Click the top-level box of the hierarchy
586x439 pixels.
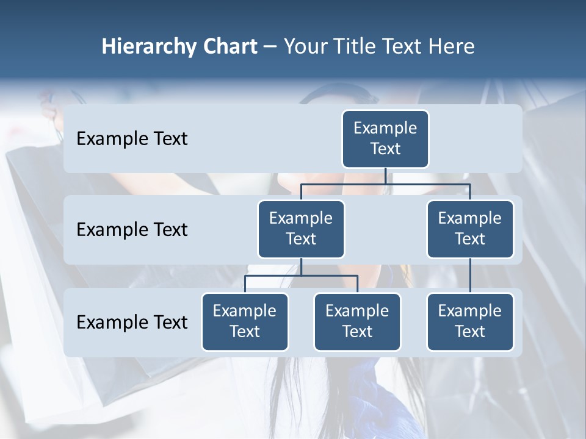385,138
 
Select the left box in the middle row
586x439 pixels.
301,229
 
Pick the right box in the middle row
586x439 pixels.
470,229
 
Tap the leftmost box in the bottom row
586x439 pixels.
245,321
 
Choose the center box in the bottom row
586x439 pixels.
357,321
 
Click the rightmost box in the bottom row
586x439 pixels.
470,321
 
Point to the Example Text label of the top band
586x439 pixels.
132,138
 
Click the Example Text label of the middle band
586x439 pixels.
132,229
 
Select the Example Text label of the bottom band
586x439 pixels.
132,322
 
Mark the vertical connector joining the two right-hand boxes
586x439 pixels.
470,276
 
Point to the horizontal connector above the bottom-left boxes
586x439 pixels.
301,276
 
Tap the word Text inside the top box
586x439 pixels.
385,149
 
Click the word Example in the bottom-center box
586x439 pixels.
357,311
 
